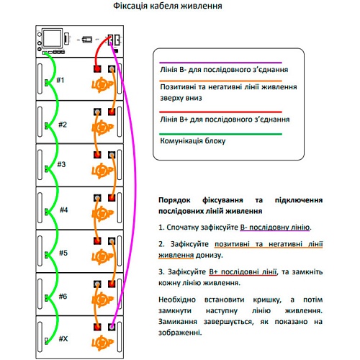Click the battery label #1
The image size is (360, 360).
(x=60, y=80)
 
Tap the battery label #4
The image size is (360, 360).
(x=64, y=210)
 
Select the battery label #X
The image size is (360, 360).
(x=63, y=338)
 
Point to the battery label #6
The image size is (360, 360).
(x=63, y=296)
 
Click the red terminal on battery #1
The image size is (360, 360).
(x=97, y=69)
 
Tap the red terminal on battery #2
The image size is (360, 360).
(x=112, y=112)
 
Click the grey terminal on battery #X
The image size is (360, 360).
(x=112, y=327)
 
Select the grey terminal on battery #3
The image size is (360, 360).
(x=112, y=155)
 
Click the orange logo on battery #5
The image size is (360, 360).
(x=102, y=257)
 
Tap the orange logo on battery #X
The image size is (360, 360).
(x=102, y=343)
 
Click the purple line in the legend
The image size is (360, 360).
(x=220, y=63)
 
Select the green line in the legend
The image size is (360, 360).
(x=220, y=134)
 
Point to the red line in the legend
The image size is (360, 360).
(x=220, y=112)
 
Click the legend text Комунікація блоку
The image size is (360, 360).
(x=193, y=140)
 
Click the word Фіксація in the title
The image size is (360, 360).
(x=130, y=6)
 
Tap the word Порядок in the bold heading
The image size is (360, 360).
(x=174, y=200)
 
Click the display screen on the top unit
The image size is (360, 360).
(x=52, y=38)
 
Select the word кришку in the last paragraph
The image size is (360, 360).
(x=267, y=300)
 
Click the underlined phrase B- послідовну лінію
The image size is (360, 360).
(x=275, y=227)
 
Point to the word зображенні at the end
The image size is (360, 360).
(x=180, y=333)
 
